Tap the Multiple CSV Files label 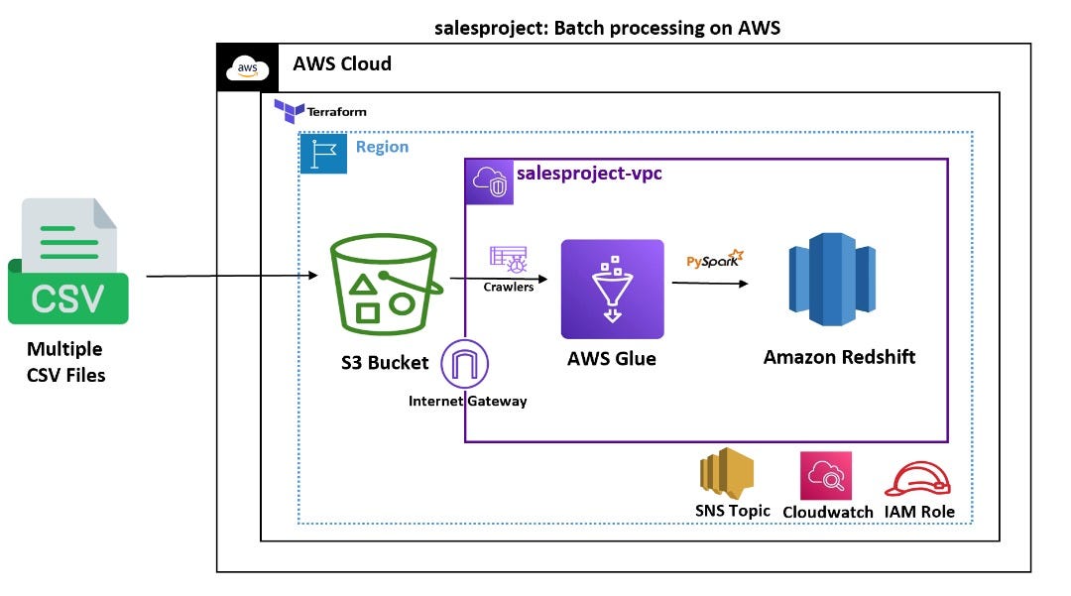(x=65, y=362)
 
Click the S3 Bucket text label (x=385, y=362)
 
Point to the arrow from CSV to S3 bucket (x=238, y=277)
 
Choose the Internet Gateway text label (x=467, y=401)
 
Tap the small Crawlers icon (x=508, y=259)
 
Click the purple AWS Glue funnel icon (x=612, y=289)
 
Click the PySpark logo (x=711, y=261)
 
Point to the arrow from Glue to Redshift (x=709, y=284)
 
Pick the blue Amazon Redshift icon (x=832, y=280)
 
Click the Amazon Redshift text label (x=839, y=357)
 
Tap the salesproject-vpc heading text (x=589, y=175)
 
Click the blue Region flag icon (x=323, y=155)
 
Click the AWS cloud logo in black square (x=246, y=67)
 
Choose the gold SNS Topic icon (x=726, y=473)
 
